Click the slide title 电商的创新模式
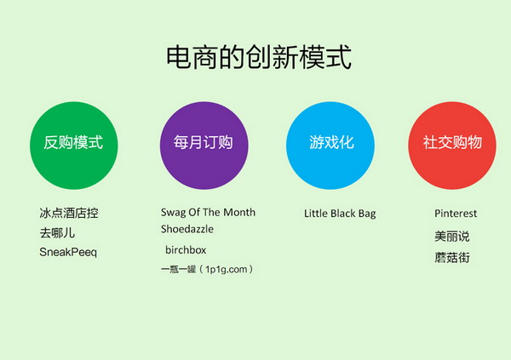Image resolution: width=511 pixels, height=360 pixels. click(x=259, y=57)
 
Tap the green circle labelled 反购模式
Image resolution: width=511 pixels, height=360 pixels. click(x=73, y=146)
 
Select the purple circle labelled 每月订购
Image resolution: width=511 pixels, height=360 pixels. click(x=204, y=146)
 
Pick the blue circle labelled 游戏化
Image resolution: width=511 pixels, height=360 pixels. click(x=330, y=146)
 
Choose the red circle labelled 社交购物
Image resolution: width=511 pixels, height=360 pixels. click(x=452, y=146)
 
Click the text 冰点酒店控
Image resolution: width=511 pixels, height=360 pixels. click(x=69, y=213)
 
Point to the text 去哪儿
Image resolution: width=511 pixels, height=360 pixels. click(x=57, y=233)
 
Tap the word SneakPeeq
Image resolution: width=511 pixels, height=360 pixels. click(x=68, y=252)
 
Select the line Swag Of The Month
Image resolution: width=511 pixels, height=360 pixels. click(x=208, y=213)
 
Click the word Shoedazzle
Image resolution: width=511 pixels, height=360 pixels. click(x=187, y=229)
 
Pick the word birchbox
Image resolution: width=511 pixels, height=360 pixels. click(x=186, y=250)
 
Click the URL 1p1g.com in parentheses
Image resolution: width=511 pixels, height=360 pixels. click(x=227, y=270)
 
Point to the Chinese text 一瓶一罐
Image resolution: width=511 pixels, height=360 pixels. click(x=178, y=269)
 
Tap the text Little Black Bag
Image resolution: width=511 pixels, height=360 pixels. click(x=340, y=214)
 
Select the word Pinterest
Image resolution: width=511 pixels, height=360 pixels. click(x=456, y=214)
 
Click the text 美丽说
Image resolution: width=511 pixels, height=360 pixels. click(x=452, y=237)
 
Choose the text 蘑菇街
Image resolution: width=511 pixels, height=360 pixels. click(x=452, y=257)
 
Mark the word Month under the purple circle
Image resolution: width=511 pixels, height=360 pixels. click(x=239, y=212)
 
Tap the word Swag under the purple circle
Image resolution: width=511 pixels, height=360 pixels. click(x=173, y=213)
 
